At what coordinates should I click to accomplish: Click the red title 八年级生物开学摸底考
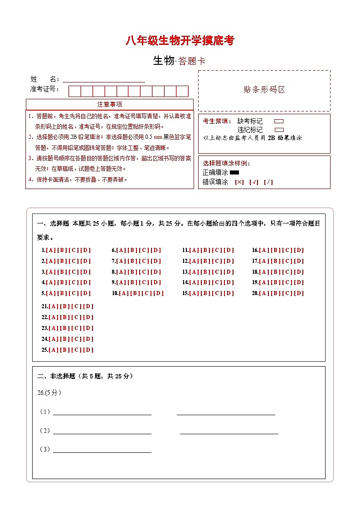180,41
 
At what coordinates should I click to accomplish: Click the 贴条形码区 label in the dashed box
264,90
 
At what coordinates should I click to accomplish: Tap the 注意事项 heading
110,105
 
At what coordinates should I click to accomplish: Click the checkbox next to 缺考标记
279,121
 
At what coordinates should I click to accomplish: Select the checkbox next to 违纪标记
279,130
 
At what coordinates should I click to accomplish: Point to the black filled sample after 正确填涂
234,173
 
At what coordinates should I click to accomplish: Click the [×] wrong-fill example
239,182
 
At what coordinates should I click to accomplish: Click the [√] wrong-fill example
253,182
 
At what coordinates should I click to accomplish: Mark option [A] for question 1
51,250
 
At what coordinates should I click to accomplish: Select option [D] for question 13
229,272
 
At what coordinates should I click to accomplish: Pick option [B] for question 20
276,293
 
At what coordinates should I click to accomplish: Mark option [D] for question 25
88,350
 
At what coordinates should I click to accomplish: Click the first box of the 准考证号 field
74,91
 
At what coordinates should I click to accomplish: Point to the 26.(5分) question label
49,393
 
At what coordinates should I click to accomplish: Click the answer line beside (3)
102,450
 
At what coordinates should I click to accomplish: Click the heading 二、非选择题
57,376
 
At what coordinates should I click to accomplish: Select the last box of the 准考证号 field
182,91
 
